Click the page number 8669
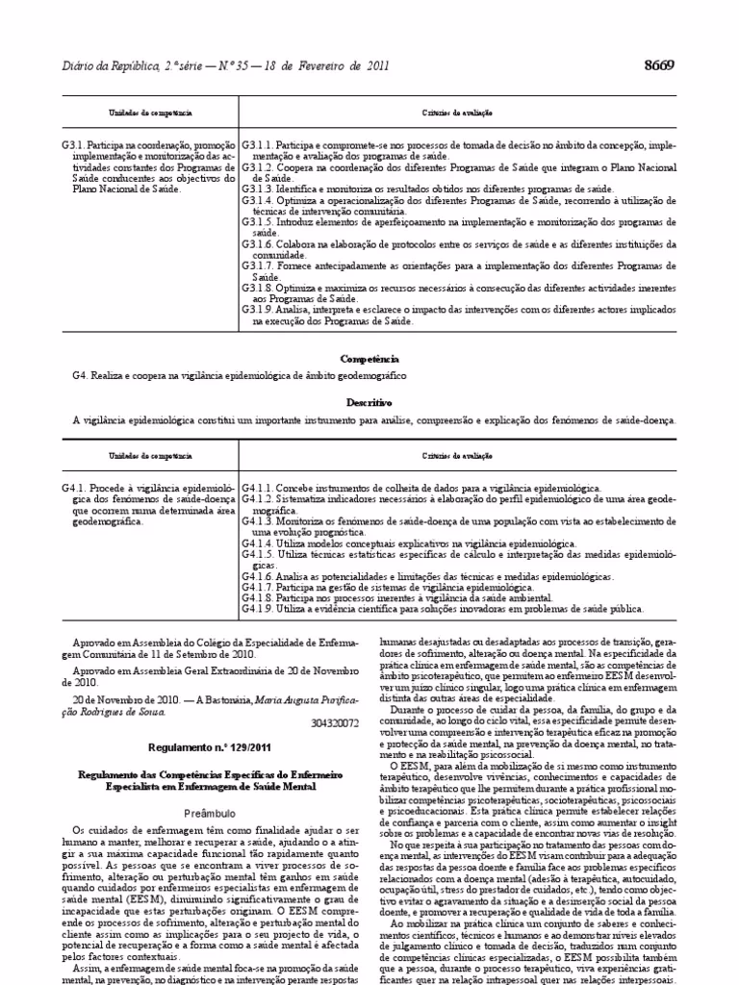click(x=658, y=64)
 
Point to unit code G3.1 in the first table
click(x=72, y=144)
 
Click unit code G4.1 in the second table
click(x=72, y=489)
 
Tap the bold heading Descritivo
click(x=369, y=402)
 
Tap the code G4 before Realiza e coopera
click(x=79, y=374)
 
